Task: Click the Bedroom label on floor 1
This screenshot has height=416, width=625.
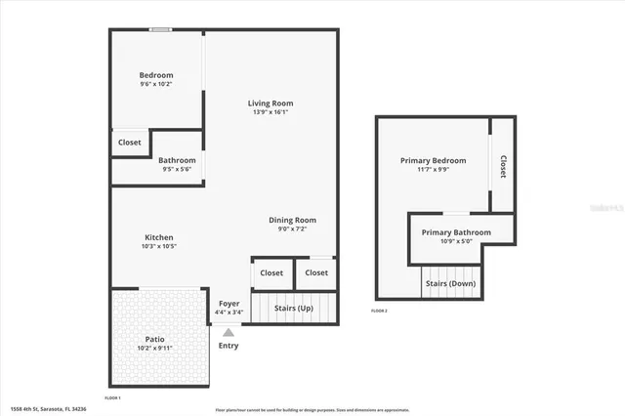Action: pyautogui.click(x=156, y=75)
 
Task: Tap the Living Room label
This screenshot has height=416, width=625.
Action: pyautogui.click(x=270, y=103)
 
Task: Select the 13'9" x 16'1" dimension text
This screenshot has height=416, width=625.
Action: pyautogui.click(x=270, y=112)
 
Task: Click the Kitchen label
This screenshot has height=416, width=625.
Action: pyautogui.click(x=159, y=237)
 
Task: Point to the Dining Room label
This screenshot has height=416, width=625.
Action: pyautogui.click(x=293, y=220)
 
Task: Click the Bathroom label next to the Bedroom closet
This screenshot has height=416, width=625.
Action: pyautogui.click(x=177, y=160)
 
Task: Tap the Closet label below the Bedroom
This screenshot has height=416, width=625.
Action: pyautogui.click(x=130, y=143)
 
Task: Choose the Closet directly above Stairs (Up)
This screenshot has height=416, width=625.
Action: pyautogui.click(x=271, y=272)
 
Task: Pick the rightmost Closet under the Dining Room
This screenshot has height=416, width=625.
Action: pyautogui.click(x=316, y=272)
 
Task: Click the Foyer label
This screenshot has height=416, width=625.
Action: pyautogui.click(x=229, y=304)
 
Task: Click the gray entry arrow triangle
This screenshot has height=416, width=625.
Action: pyautogui.click(x=229, y=332)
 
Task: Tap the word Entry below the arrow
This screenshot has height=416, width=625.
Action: pyautogui.click(x=229, y=346)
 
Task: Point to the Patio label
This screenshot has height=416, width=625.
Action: pyautogui.click(x=155, y=338)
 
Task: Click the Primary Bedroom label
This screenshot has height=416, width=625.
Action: pyautogui.click(x=433, y=160)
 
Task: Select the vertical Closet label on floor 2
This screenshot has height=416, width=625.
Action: pyautogui.click(x=503, y=166)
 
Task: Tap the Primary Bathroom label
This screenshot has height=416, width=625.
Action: pyautogui.click(x=456, y=232)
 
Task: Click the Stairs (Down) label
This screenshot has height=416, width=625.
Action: pyautogui.click(x=449, y=284)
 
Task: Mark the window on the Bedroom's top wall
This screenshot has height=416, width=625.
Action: pyautogui.click(x=161, y=29)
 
